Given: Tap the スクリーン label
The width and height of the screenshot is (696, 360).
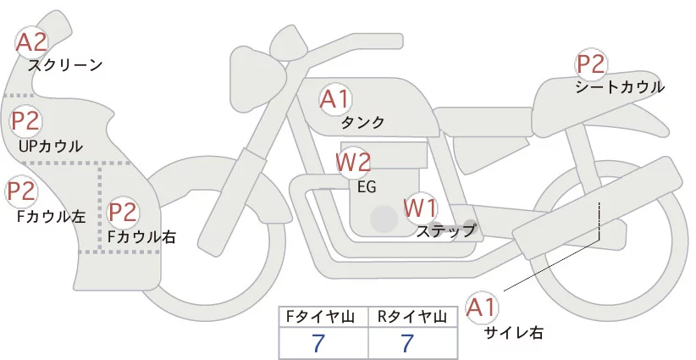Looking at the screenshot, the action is coord(65,65).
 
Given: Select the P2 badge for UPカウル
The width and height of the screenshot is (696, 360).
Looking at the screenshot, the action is coord(25,121).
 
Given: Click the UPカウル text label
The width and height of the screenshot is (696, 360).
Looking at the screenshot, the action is coord(50,147).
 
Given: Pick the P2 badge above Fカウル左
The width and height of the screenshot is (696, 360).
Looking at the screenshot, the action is coord(21,192).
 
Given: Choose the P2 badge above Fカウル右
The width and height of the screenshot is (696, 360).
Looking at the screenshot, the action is coord(123,212).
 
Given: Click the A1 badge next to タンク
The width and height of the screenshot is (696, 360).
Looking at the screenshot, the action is coord(334,99).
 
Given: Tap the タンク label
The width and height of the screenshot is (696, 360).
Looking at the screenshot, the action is coord(362,123).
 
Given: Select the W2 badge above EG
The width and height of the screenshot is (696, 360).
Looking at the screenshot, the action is coord(353,161).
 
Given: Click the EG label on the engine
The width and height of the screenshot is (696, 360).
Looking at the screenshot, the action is coord(367,186).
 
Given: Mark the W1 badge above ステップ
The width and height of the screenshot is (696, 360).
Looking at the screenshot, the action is coord(419,206).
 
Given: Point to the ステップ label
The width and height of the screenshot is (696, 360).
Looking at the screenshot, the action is coord(446,230).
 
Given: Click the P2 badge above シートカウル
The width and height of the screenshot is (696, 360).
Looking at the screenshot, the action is coord(591,64).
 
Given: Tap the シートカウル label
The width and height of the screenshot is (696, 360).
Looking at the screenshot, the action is coord(619,87).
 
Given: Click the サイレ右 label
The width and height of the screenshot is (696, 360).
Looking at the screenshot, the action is coord(513,333).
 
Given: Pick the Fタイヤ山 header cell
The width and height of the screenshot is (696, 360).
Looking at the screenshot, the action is coord(323,318).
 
